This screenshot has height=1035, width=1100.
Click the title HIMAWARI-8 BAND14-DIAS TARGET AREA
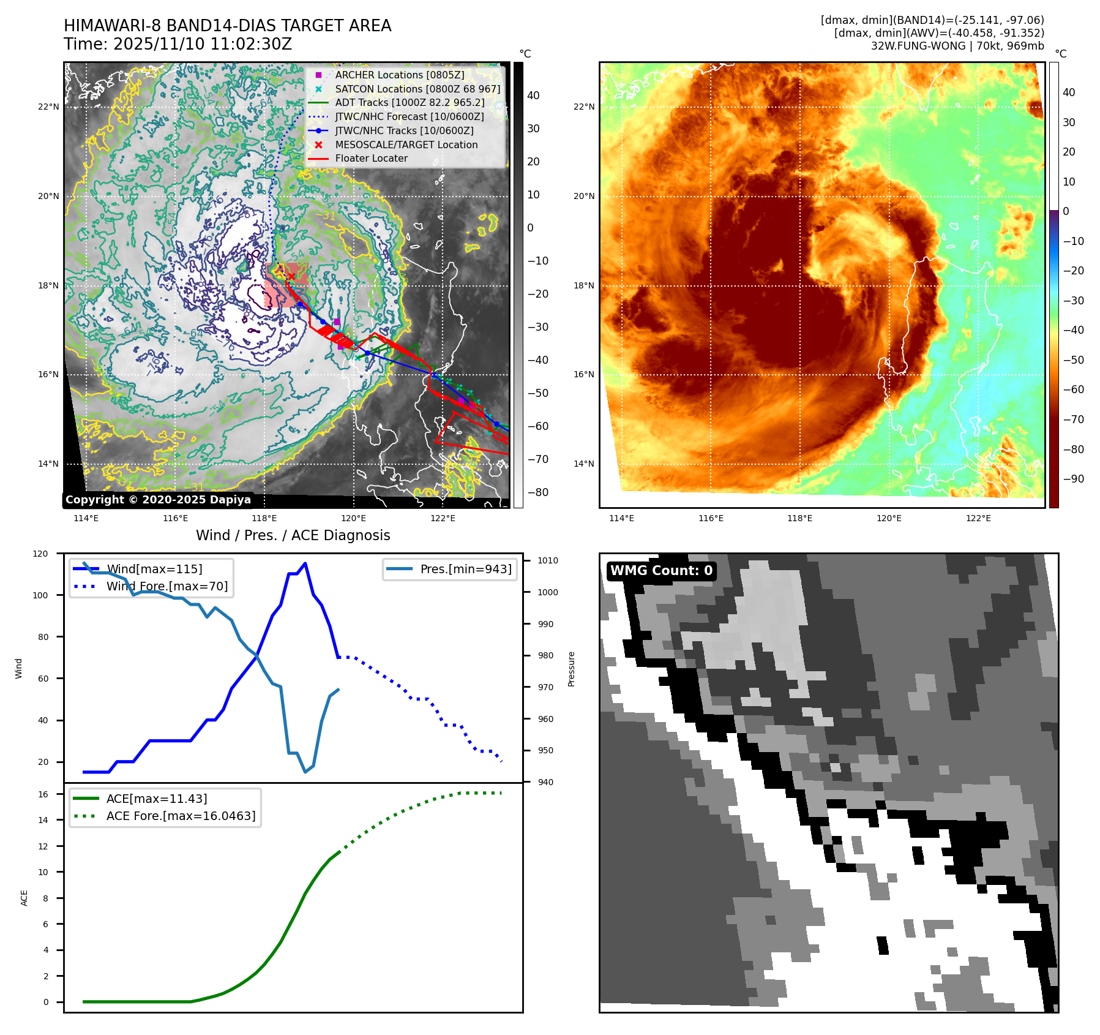coord(227,26)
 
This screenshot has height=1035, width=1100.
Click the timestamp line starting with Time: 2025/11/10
coord(178,44)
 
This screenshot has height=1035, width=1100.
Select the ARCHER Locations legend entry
coord(399,75)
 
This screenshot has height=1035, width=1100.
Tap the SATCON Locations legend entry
coord(417,89)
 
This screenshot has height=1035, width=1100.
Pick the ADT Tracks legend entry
coord(409,102)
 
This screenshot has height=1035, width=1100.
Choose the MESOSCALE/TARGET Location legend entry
coord(406,145)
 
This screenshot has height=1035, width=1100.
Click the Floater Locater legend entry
coord(371,158)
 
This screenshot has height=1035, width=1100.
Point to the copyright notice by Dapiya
coord(158,500)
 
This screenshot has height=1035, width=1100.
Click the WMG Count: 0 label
coord(661,571)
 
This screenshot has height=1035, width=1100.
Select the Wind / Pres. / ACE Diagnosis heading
coord(293,535)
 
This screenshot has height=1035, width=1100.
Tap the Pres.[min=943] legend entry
coord(465,569)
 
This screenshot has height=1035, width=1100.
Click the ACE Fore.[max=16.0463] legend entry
coord(181,816)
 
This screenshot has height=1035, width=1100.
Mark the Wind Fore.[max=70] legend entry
coord(166,586)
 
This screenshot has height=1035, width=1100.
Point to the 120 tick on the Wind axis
coord(40,554)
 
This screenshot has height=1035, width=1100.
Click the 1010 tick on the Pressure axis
coord(548,560)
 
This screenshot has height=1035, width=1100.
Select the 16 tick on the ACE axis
coord(43,794)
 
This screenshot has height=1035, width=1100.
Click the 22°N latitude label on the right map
coord(584,107)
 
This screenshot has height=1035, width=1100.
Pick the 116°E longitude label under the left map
coord(176,519)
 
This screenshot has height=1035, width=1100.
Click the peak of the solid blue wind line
coord(305,563)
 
